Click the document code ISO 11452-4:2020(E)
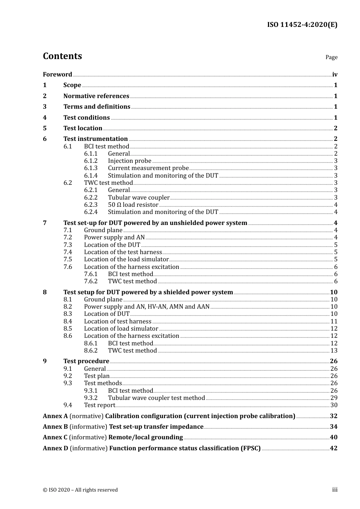[x=302, y=25]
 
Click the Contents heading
[x=62, y=56]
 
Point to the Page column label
[x=331, y=57]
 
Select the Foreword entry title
[x=57, y=74]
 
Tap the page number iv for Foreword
[x=335, y=75]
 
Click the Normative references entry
[x=96, y=96]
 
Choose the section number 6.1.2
[x=91, y=161]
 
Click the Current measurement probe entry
[x=148, y=168]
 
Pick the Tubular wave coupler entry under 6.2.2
[x=139, y=197]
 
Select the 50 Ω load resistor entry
[x=133, y=205]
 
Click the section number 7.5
[x=68, y=259]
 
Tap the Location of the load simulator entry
[x=126, y=259]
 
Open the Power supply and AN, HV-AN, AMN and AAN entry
[x=147, y=307]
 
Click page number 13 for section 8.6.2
[x=334, y=351]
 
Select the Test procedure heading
[x=86, y=361]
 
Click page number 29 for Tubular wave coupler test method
[x=334, y=398]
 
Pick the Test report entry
[x=99, y=405]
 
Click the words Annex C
[x=55, y=437]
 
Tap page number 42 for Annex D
[x=333, y=448]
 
